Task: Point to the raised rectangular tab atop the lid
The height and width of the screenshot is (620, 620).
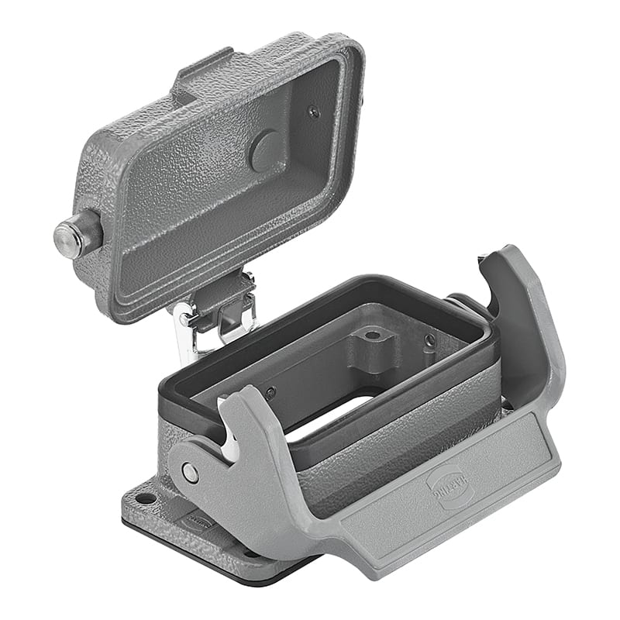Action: pos(203,74)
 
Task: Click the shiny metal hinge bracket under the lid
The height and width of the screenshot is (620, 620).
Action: pos(186,333)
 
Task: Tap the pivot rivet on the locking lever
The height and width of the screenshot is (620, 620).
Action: pos(189,472)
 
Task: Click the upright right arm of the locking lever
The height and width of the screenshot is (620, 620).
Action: pos(519,325)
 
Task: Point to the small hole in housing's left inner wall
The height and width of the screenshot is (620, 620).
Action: pos(270,393)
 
